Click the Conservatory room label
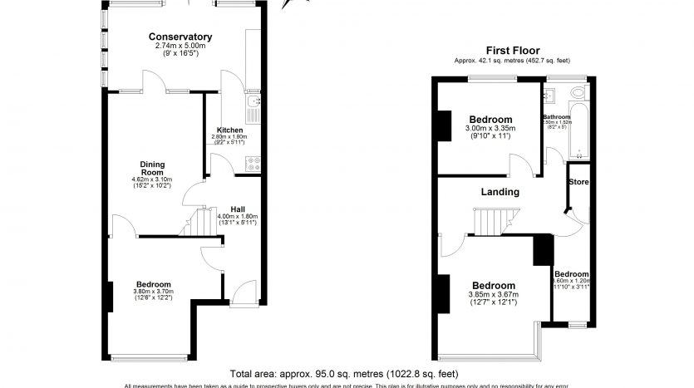tap(180, 37)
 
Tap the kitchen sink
tap(253, 103)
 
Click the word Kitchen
tap(229, 130)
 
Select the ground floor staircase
tap(200, 223)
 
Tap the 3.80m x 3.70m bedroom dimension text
tap(153, 292)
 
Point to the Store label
tap(578, 181)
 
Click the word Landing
tap(500, 192)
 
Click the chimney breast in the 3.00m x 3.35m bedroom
tap(445, 125)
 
